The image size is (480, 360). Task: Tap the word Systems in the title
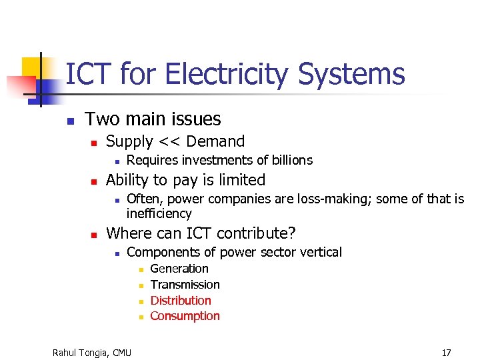tap(351, 74)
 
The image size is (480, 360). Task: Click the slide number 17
tap(446, 352)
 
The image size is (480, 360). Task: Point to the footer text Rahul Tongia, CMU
tap(92, 352)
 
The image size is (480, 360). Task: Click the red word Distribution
tap(181, 301)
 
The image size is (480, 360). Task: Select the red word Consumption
tap(185, 316)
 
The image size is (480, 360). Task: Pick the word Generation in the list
tap(179, 269)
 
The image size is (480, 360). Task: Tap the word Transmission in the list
tap(185, 285)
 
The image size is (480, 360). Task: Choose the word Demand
tap(216, 141)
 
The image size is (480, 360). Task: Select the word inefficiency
tap(159, 213)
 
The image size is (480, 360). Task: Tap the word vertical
tap(321, 252)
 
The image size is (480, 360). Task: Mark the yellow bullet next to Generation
tap(141, 270)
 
